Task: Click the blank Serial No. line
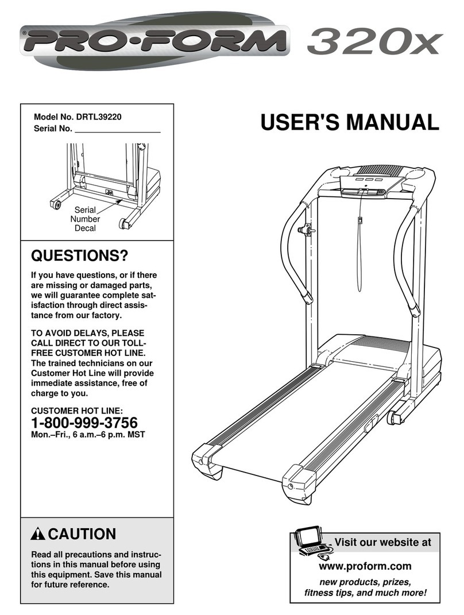click(x=118, y=129)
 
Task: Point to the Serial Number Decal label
click(x=85, y=219)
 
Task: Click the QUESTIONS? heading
click(x=79, y=254)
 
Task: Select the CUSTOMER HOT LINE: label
click(x=76, y=411)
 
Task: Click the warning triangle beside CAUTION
click(x=38, y=533)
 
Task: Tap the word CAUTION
click(x=82, y=533)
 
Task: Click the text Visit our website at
click(x=382, y=541)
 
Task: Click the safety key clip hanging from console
click(x=359, y=221)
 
